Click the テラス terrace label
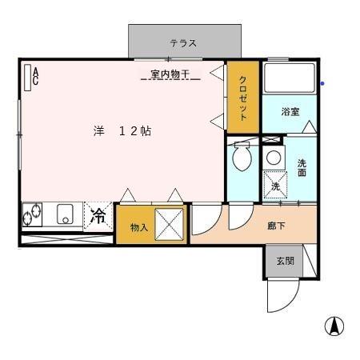point(182,43)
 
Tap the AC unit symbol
point(31,75)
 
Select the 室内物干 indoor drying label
point(170,75)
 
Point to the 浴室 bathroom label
point(290,112)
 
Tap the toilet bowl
point(241,158)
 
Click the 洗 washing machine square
point(274,185)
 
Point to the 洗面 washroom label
point(302,168)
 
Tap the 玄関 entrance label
point(285,261)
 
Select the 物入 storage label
point(139,228)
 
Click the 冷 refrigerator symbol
point(98,215)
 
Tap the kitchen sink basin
point(65,214)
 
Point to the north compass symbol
point(334,326)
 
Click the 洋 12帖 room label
point(121,131)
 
